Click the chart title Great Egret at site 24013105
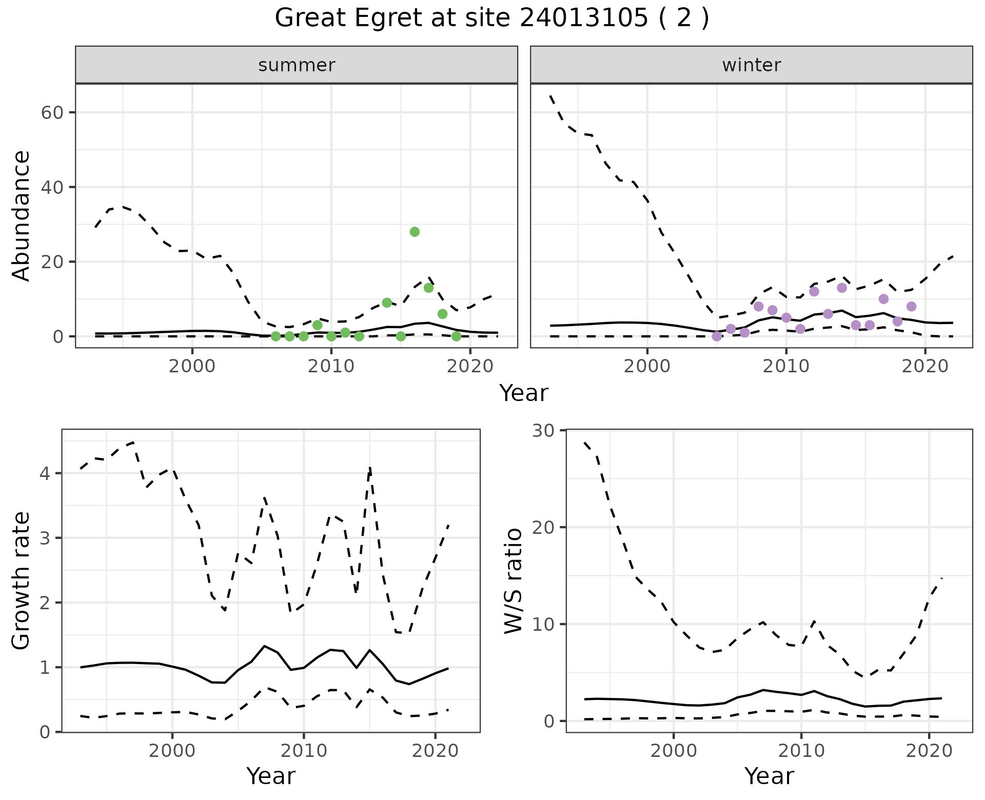(491, 18)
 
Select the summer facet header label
(296, 65)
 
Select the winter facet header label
(751, 65)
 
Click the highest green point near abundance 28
(415, 232)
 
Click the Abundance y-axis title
(22, 216)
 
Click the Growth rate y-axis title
(22, 581)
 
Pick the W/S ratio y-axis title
(514, 581)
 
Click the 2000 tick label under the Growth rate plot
(172, 751)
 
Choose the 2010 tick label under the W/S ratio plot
(801, 751)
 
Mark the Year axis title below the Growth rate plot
(271, 776)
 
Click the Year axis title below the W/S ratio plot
(769, 776)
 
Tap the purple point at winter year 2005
(717, 336)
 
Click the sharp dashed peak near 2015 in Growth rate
(370, 467)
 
